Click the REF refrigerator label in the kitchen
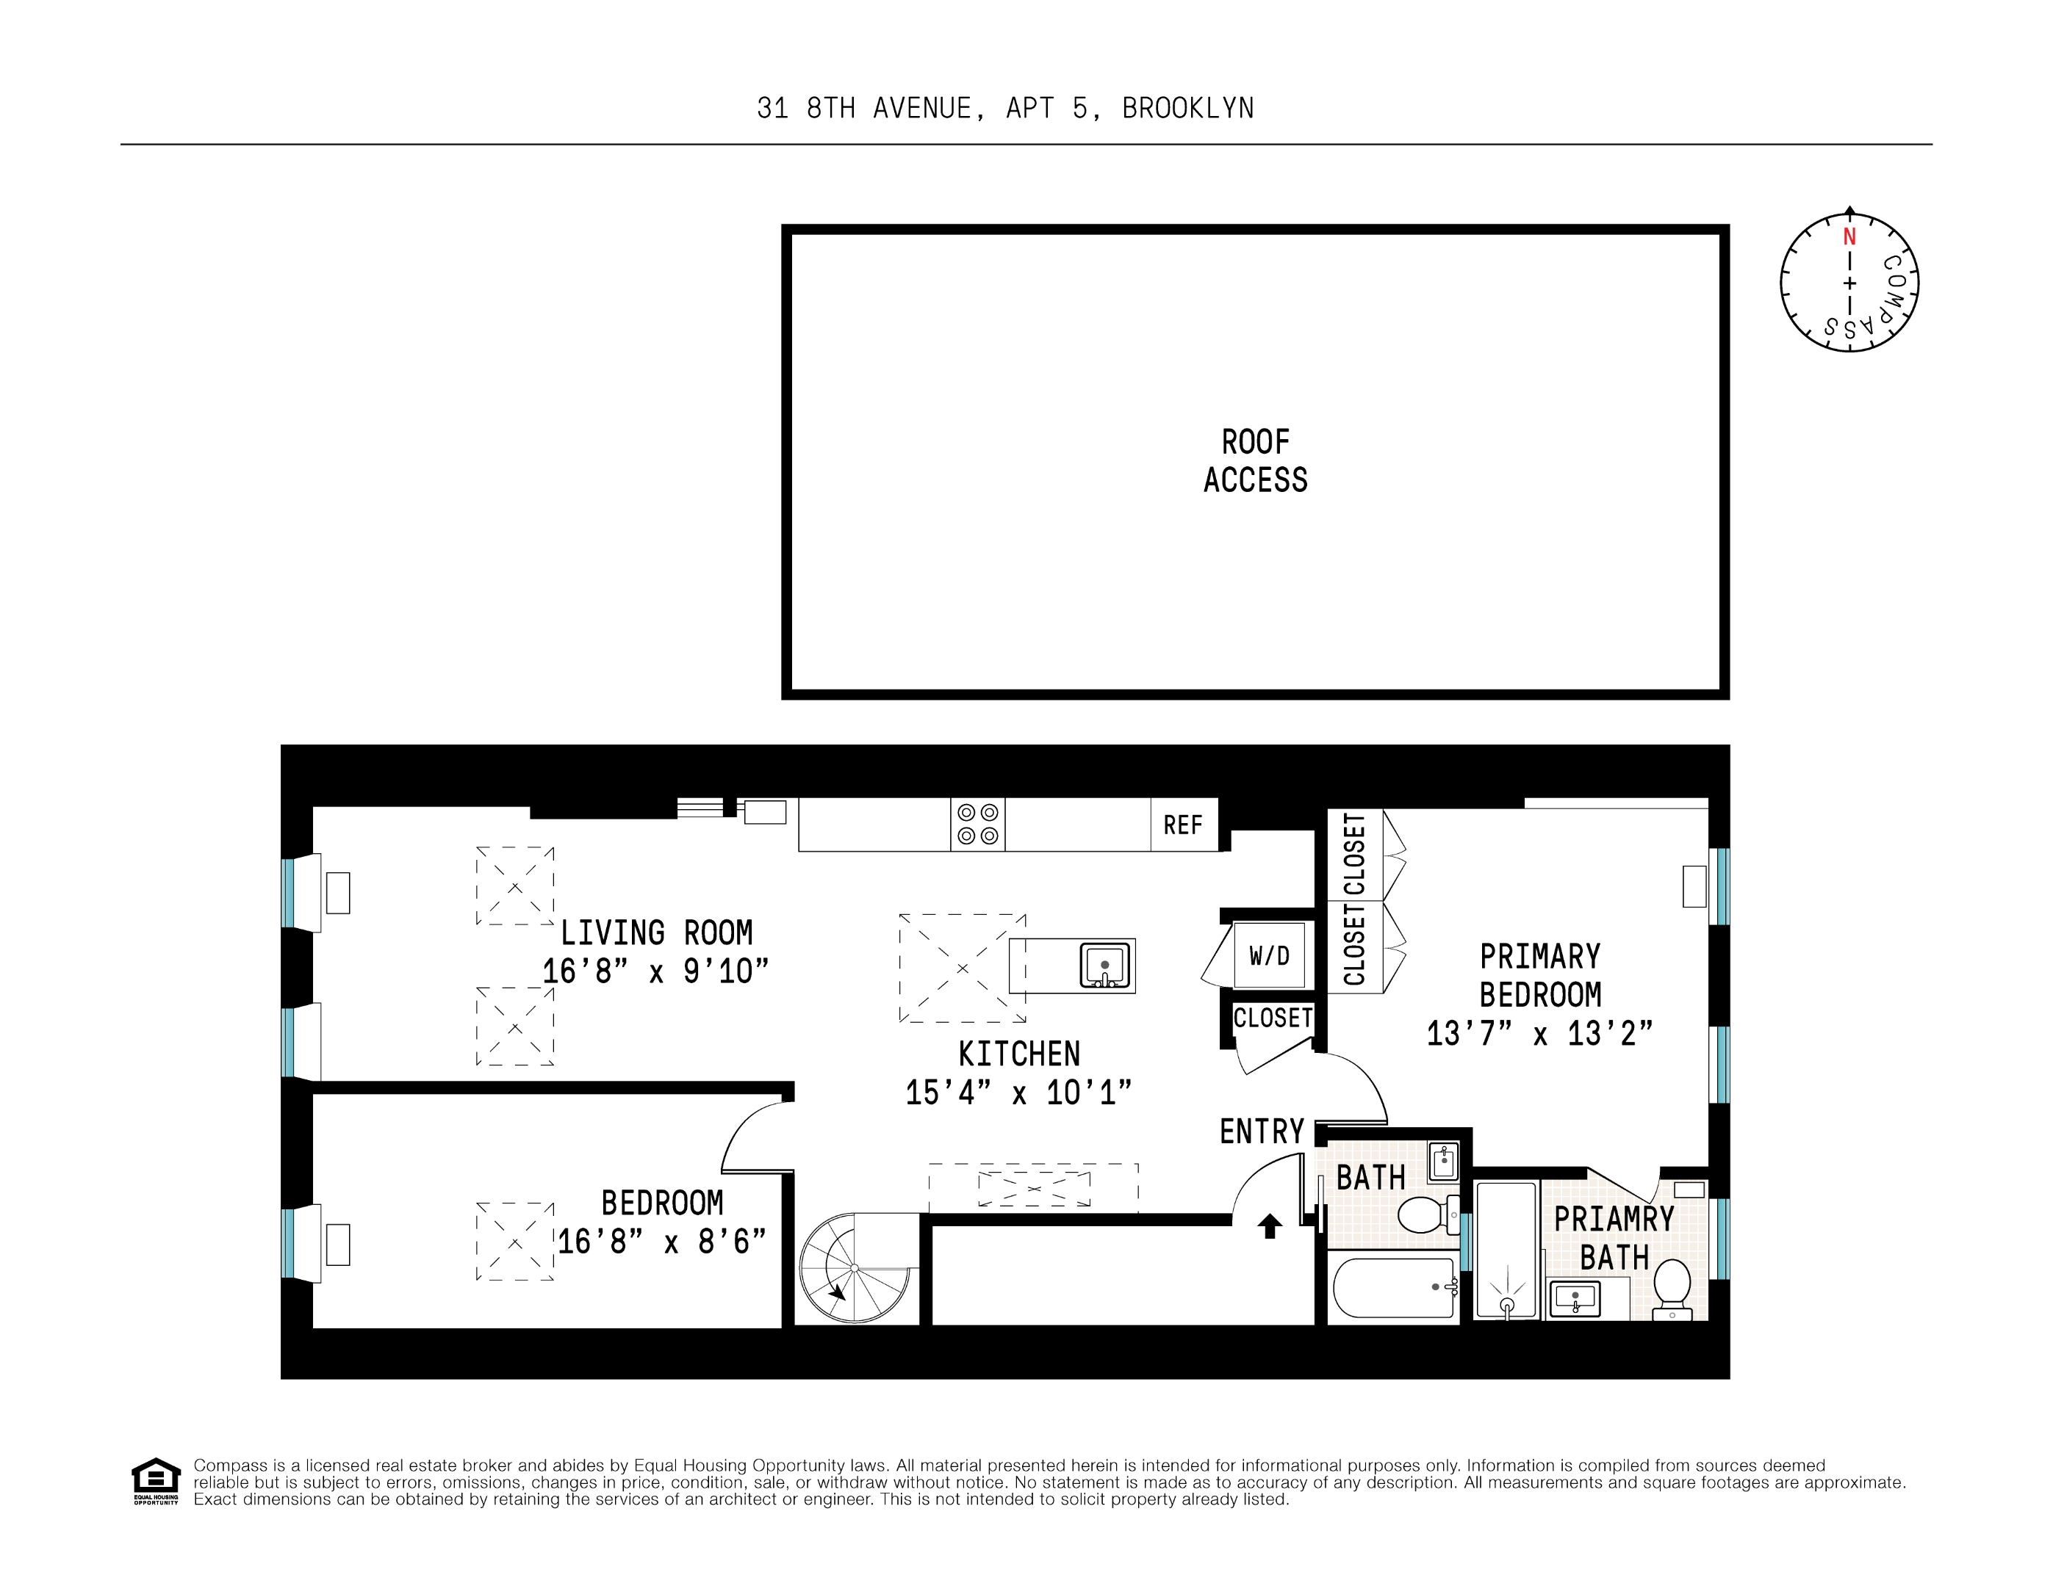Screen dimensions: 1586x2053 [x=1182, y=825]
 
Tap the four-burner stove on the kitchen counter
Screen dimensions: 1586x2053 [x=977, y=824]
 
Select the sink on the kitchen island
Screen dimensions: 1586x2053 [x=1104, y=965]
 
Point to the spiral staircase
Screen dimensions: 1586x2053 [x=855, y=1268]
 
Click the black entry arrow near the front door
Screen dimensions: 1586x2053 [x=1270, y=1225]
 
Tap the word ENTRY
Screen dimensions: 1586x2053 [x=1262, y=1131]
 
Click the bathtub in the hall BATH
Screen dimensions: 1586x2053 [x=1394, y=1287]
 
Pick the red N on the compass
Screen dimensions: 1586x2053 [x=1849, y=236]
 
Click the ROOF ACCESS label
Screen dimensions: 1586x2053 [x=1255, y=460]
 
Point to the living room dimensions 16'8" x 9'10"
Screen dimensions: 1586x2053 [x=655, y=971]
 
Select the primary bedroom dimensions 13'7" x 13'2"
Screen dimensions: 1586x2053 [x=1539, y=1034]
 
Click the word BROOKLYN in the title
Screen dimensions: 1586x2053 [x=1187, y=109]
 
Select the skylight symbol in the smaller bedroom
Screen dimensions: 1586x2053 [x=514, y=1241]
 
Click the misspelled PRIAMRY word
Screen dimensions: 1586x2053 [x=1613, y=1220]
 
